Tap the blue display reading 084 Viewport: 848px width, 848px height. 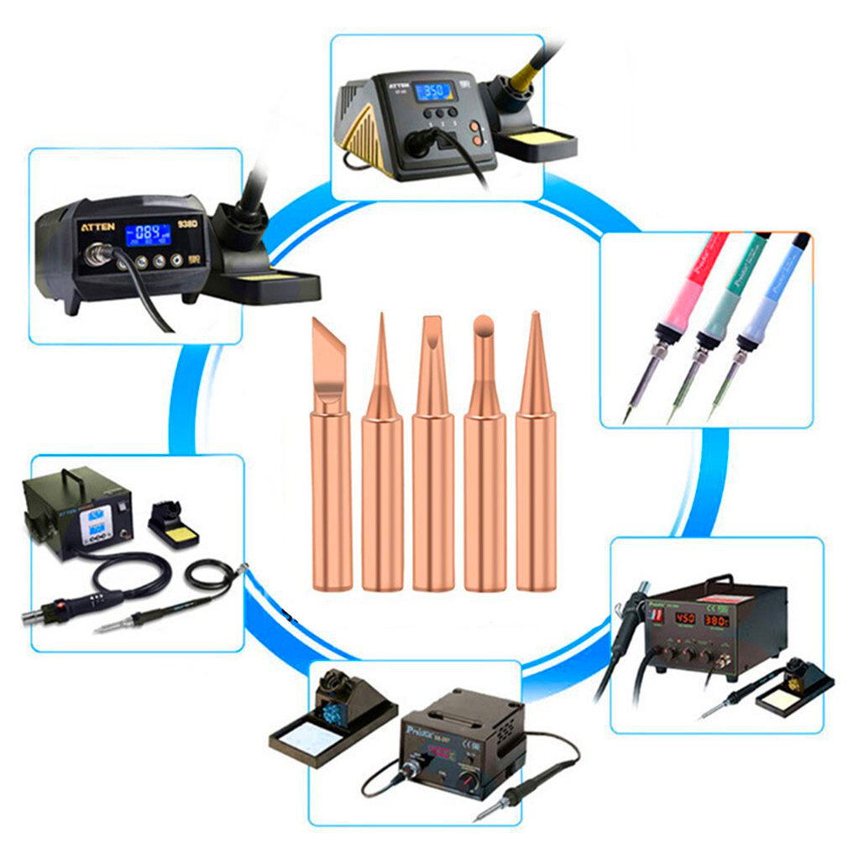pyautogui.click(x=148, y=234)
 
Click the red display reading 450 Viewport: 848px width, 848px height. pyautogui.click(x=685, y=620)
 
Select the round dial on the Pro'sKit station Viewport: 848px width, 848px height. pyautogui.click(x=476, y=783)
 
